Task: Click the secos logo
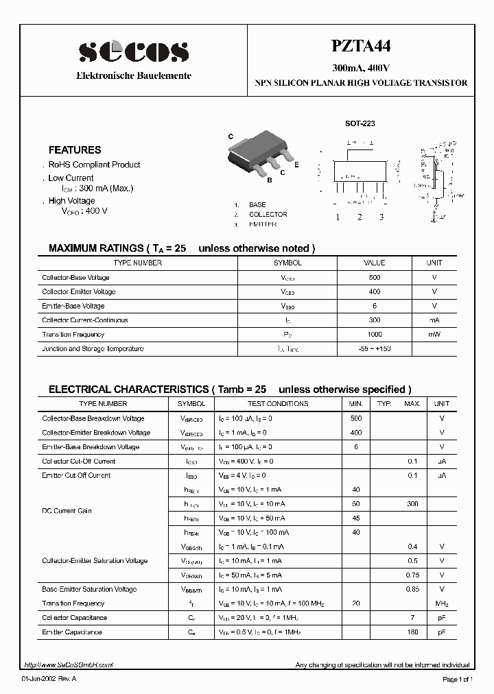point(133,52)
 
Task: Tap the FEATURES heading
point(75,149)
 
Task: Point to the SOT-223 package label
point(360,123)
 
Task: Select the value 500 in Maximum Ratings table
point(375,278)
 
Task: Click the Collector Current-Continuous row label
point(85,320)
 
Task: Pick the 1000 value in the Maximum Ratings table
point(375,335)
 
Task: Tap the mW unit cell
point(434,335)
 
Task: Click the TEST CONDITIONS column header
point(278,404)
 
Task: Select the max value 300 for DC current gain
point(412,504)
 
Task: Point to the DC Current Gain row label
point(67,511)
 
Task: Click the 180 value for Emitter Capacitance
point(412,632)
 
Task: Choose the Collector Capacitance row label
point(74,618)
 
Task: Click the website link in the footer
point(68,665)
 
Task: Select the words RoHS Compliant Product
point(94,165)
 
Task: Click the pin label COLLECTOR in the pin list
point(268,215)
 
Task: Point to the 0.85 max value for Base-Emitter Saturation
point(412,589)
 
